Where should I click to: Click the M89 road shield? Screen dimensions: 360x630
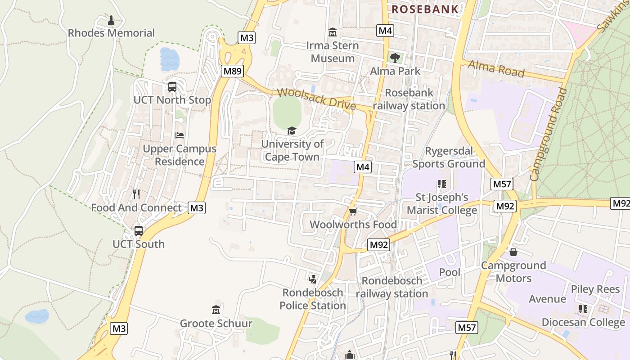click(233, 71)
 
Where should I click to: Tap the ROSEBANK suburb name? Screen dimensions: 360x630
click(425, 9)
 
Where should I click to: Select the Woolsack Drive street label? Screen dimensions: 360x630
click(316, 99)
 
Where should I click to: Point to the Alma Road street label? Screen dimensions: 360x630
click(496, 68)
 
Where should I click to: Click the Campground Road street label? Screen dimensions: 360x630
click(548, 134)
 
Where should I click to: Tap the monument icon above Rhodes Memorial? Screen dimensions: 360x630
click(111, 20)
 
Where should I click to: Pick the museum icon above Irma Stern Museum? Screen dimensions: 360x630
click(333, 32)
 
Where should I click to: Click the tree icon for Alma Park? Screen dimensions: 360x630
click(395, 58)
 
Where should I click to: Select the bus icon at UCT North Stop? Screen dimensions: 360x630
click(172, 87)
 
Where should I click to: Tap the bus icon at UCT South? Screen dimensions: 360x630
click(139, 231)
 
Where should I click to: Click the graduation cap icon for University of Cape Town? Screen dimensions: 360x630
click(292, 131)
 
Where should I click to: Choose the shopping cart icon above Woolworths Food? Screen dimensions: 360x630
click(353, 211)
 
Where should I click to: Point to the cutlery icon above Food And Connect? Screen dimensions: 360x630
click(136, 194)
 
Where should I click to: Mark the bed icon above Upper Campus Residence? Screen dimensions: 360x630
click(180, 135)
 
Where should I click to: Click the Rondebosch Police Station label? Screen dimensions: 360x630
click(313, 299)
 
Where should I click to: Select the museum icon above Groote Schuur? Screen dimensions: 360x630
click(216, 310)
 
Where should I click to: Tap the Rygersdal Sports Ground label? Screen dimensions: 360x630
click(449, 157)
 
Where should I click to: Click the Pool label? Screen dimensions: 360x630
click(450, 272)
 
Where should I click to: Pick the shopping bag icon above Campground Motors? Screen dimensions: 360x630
click(513, 252)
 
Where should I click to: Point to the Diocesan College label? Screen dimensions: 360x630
click(583, 322)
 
